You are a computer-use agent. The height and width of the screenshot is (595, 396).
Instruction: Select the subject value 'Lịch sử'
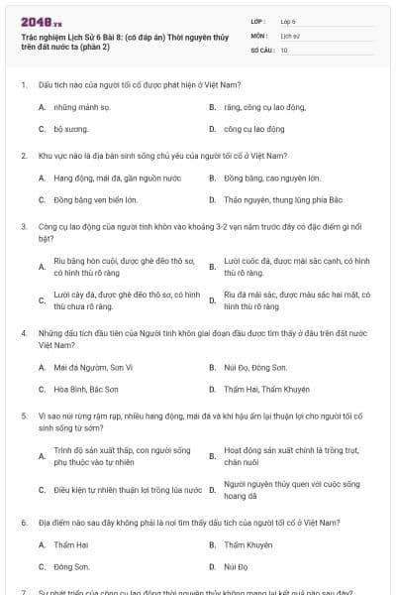(x=290, y=34)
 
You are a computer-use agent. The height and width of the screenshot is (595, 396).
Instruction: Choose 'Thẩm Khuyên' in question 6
(x=247, y=544)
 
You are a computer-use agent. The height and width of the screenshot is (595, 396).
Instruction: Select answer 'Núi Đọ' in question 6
(x=236, y=566)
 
